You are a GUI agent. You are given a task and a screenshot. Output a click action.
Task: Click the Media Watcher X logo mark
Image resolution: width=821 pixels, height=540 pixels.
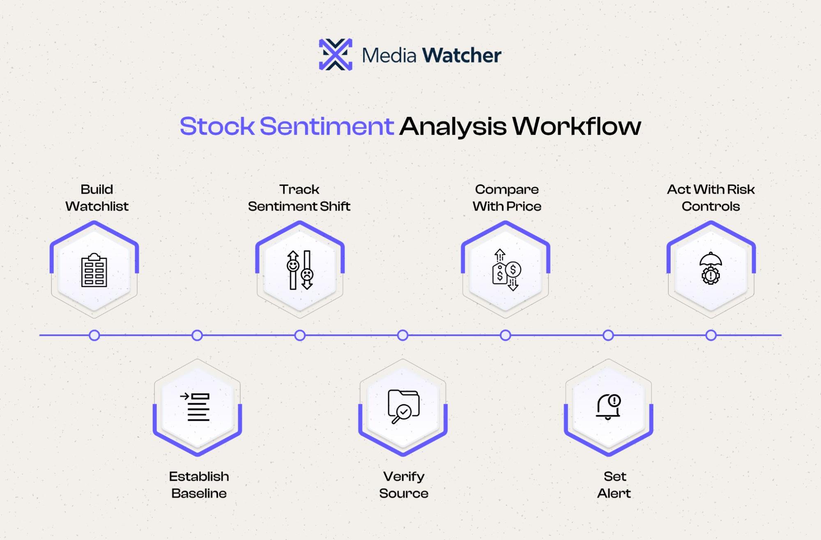(x=336, y=54)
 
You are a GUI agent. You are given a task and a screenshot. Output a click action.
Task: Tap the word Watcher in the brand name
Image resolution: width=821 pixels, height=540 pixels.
(x=461, y=55)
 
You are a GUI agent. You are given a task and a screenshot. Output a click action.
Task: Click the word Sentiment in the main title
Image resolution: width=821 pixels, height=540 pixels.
(x=327, y=126)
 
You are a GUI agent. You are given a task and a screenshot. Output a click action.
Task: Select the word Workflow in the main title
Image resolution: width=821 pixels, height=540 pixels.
(x=577, y=126)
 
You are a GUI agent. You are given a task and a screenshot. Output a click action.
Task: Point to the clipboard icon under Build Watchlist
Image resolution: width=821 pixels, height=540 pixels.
(x=94, y=270)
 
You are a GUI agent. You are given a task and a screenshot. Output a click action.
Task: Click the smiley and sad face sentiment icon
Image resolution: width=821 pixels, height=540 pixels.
(x=300, y=270)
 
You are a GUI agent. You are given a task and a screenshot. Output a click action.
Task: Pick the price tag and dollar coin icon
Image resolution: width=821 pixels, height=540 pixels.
(x=506, y=270)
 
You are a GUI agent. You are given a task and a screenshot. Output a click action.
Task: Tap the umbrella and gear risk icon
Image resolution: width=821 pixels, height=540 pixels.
(x=711, y=268)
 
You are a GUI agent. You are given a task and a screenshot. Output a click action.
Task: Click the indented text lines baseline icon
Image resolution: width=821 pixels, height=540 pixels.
(x=195, y=407)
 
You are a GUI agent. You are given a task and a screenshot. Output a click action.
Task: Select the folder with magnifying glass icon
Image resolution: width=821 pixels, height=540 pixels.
(x=403, y=406)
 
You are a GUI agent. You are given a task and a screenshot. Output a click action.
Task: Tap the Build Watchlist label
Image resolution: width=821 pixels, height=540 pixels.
(x=97, y=198)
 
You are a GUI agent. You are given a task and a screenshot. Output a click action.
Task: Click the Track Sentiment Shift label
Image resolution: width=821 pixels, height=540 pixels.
(x=299, y=198)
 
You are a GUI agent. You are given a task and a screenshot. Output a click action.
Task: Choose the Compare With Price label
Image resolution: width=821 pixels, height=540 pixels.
(x=507, y=198)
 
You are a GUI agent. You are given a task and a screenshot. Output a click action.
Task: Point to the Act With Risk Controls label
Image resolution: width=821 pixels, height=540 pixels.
(x=711, y=198)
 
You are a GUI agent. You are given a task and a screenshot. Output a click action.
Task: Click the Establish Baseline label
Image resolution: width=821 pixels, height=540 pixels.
(x=199, y=485)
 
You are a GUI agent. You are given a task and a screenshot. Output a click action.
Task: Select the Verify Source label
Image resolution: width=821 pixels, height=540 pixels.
(x=404, y=485)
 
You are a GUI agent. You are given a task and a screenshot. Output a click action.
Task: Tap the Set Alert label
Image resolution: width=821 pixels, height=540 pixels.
(x=614, y=485)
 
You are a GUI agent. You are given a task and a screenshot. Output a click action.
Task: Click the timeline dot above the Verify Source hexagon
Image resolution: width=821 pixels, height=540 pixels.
(x=403, y=336)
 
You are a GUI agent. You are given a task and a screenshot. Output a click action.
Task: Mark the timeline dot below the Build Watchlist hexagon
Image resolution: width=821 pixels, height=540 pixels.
(x=94, y=336)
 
